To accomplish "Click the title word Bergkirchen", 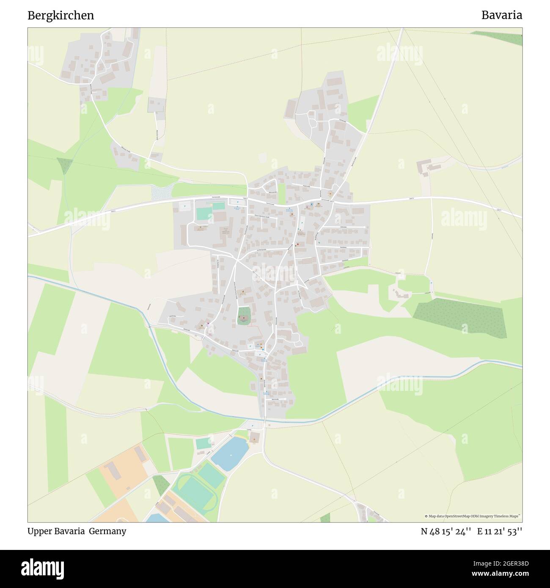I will click(60, 16).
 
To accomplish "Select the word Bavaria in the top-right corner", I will click(501, 16).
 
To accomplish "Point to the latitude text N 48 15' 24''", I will click(446, 531).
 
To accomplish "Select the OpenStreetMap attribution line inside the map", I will click(473, 516).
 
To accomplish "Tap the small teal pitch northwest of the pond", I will click(203, 444).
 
